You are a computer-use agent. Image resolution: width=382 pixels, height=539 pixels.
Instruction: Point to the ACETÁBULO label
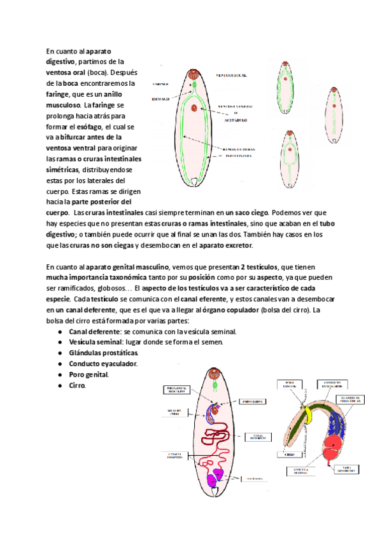(232, 119)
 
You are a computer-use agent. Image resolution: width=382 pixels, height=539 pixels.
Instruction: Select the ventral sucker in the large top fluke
(194, 107)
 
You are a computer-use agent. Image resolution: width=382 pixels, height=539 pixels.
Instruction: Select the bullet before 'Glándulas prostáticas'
(59, 353)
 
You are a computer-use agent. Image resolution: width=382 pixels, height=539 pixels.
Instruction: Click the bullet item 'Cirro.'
(77, 385)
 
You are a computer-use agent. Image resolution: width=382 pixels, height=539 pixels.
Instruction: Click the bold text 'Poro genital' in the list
(88, 374)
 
